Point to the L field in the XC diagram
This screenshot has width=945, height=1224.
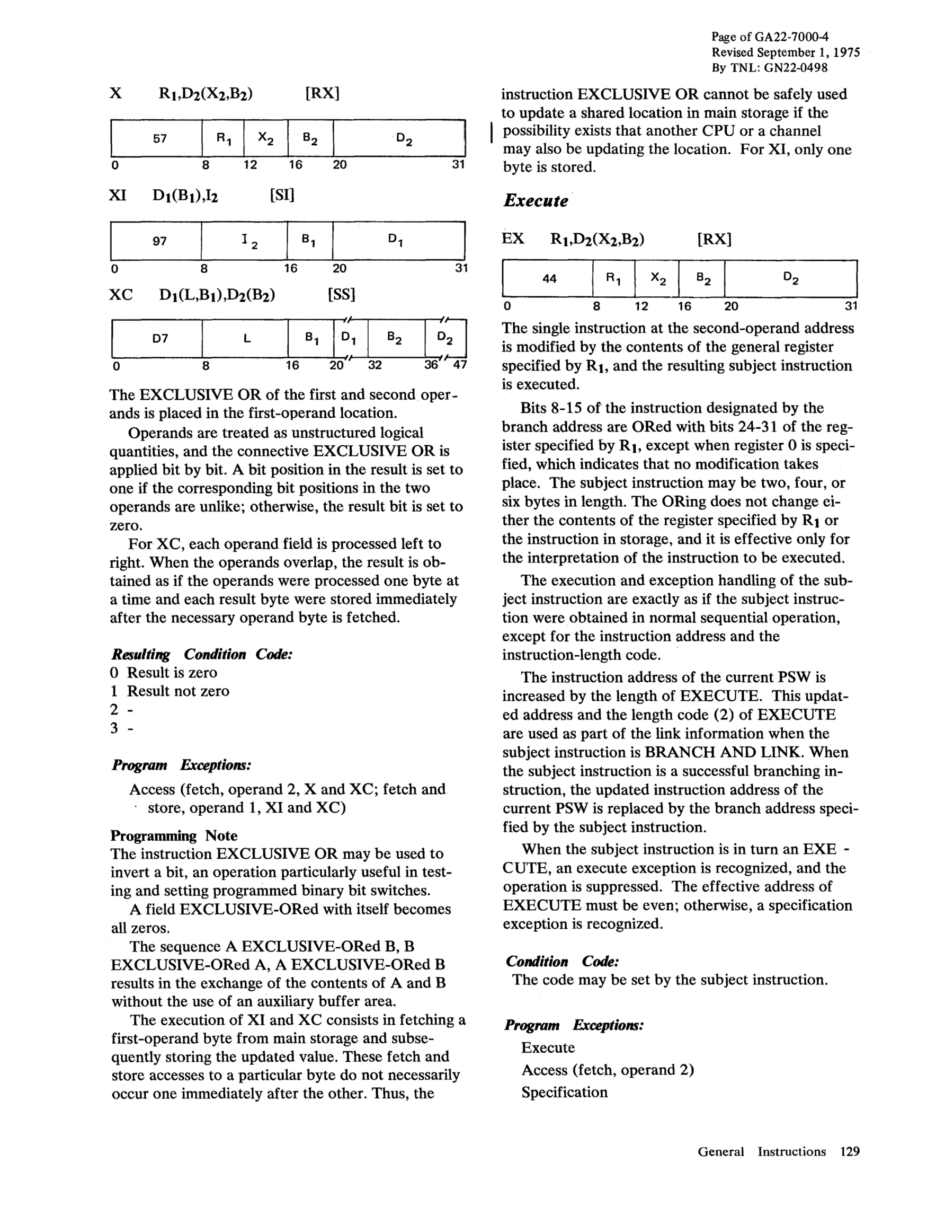[x=245, y=339]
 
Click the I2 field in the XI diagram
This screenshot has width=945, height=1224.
[x=244, y=241]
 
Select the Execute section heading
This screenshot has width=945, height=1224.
[x=536, y=200]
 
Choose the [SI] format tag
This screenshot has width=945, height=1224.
[x=282, y=195]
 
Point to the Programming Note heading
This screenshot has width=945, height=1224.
[x=174, y=835]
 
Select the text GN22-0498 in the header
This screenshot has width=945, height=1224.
[x=796, y=68]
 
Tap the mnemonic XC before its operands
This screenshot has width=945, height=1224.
[x=120, y=294]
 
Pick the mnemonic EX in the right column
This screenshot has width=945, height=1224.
[x=513, y=239]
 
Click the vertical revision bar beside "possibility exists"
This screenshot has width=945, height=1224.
[x=491, y=135]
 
